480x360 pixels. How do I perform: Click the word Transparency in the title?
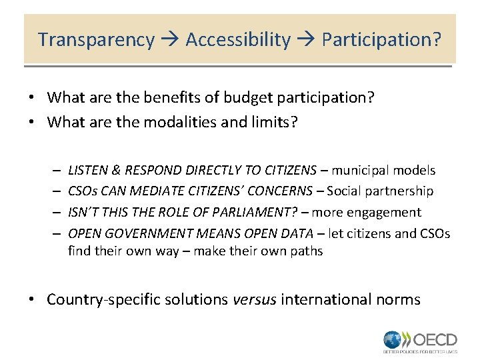click(96, 40)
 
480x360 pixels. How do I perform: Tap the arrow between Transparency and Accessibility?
click(169, 41)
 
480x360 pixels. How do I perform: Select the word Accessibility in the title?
click(238, 40)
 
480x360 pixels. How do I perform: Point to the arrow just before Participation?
click(306, 41)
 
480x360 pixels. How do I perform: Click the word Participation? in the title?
click(381, 40)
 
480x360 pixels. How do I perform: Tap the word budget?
click(243, 98)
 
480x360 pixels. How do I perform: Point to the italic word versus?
click(255, 299)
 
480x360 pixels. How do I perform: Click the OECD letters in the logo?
click(435, 338)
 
